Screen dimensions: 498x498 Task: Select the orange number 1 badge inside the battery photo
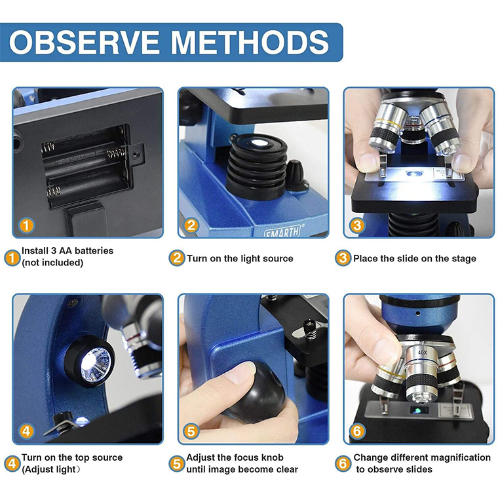[26, 225]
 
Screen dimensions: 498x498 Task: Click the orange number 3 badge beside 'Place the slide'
[343, 258]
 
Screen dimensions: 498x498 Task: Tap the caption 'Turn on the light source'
[240, 259]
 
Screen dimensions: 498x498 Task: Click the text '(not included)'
[52, 263]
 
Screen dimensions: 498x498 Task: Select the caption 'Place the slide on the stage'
[414, 259]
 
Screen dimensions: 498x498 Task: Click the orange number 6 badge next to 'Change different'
[343, 463]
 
